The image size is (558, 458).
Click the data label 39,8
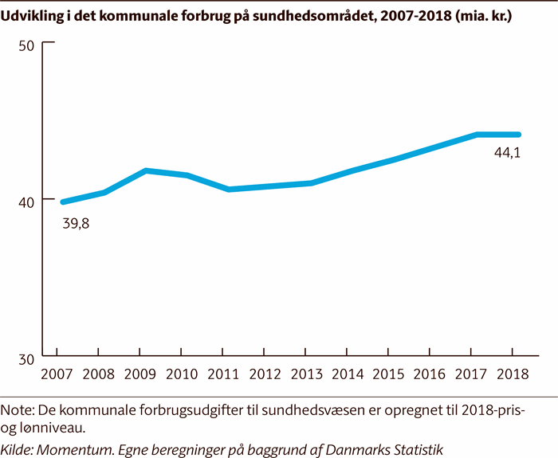(x=76, y=223)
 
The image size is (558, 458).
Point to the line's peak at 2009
(x=144, y=170)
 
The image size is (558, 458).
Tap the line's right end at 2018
(x=518, y=135)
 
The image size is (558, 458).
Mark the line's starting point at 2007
(x=62, y=202)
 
